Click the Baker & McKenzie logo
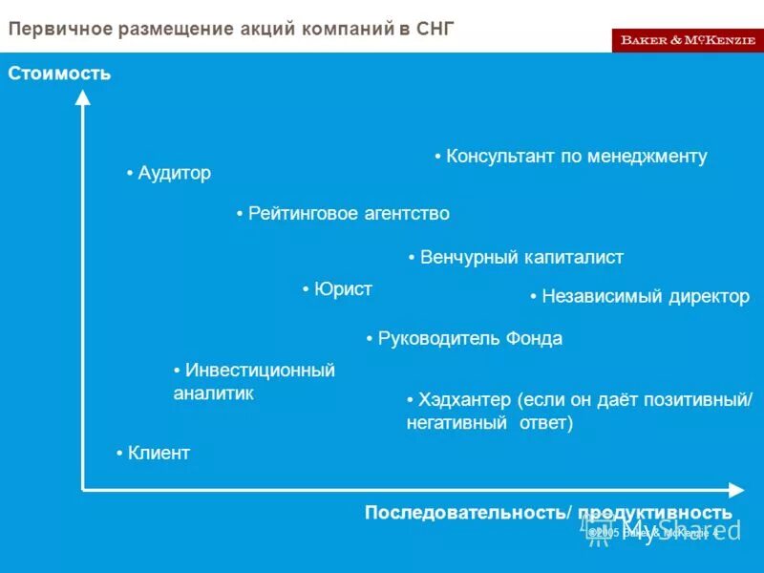(688, 40)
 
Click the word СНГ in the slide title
(435, 29)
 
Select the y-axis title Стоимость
(59, 73)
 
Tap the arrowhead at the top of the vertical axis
(83, 95)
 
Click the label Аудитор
(174, 173)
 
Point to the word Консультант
(499, 157)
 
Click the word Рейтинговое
(303, 214)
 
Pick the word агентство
(406, 214)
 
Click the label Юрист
(343, 289)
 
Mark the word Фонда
(534, 339)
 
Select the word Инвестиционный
(260, 371)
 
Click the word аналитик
(214, 393)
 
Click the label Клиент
(159, 454)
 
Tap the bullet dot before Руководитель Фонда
(370, 339)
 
